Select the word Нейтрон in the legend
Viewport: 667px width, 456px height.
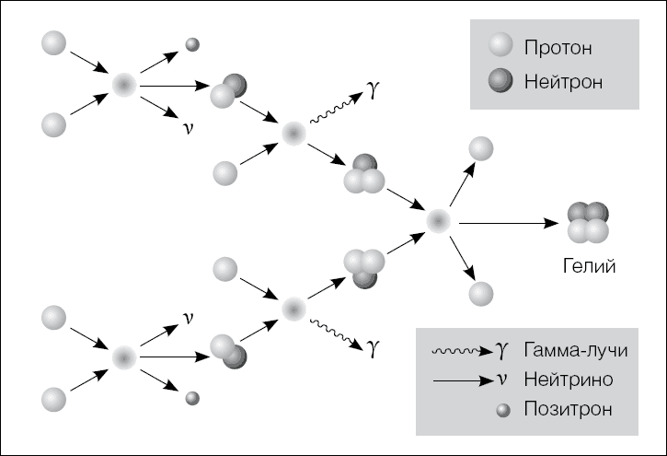pyautogui.click(x=564, y=82)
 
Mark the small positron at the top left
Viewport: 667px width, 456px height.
pyautogui.click(x=192, y=43)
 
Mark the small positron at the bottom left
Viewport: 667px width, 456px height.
pyautogui.click(x=192, y=398)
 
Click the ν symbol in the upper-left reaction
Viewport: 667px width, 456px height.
pyautogui.click(x=188, y=128)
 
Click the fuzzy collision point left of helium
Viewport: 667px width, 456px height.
pyautogui.click(x=438, y=221)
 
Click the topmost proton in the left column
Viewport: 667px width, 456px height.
pyautogui.click(x=54, y=43)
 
